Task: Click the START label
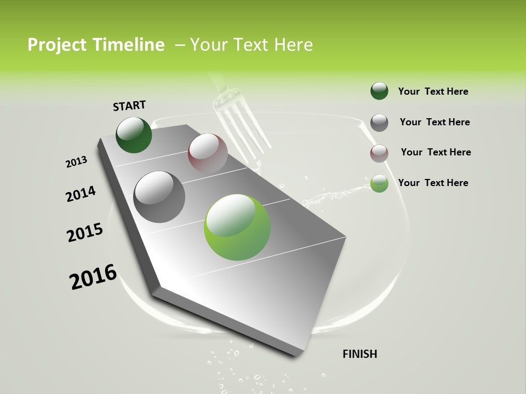point(129,106)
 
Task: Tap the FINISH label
point(359,354)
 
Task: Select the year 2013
point(76,162)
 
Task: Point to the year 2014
point(81,194)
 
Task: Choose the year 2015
point(85,233)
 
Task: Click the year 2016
point(93,277)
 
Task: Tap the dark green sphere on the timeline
point(134,135)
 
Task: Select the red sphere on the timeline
point(208,153)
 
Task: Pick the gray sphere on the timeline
point(159,196)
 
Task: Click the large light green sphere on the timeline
point(237,227)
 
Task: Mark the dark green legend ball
point(379,91)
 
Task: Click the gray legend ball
point(379,123)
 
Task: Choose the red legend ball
point(379,153)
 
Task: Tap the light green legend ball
point(379,184)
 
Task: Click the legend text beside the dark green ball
point(433,91)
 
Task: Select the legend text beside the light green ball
point(433,183)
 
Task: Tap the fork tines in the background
point(244,129)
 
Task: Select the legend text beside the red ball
point(436,152)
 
